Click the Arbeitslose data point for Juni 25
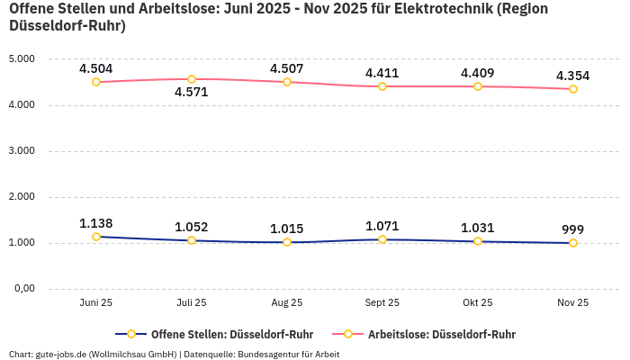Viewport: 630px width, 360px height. [96, 82]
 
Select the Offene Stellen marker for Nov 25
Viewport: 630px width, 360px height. [573, 243]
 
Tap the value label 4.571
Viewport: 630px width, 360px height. [192, 92]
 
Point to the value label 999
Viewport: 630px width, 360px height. [573, 229]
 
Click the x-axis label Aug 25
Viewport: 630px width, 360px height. [287, 303]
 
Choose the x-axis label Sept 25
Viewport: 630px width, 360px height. [382, 303]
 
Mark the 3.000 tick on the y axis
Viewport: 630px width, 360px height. [21, 151]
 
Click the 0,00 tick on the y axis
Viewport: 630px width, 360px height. [21, 289]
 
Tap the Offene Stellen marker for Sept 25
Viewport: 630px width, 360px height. [382, 239]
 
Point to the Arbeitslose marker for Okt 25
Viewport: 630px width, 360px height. [478, 86]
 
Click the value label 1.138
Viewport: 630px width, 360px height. [96, 223]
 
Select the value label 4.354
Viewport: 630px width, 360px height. [573, 76]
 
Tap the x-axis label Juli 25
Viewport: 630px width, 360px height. [192, 303]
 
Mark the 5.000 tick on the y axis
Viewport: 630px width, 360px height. [21, 59]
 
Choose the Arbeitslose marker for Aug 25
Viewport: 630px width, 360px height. [287, 82]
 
